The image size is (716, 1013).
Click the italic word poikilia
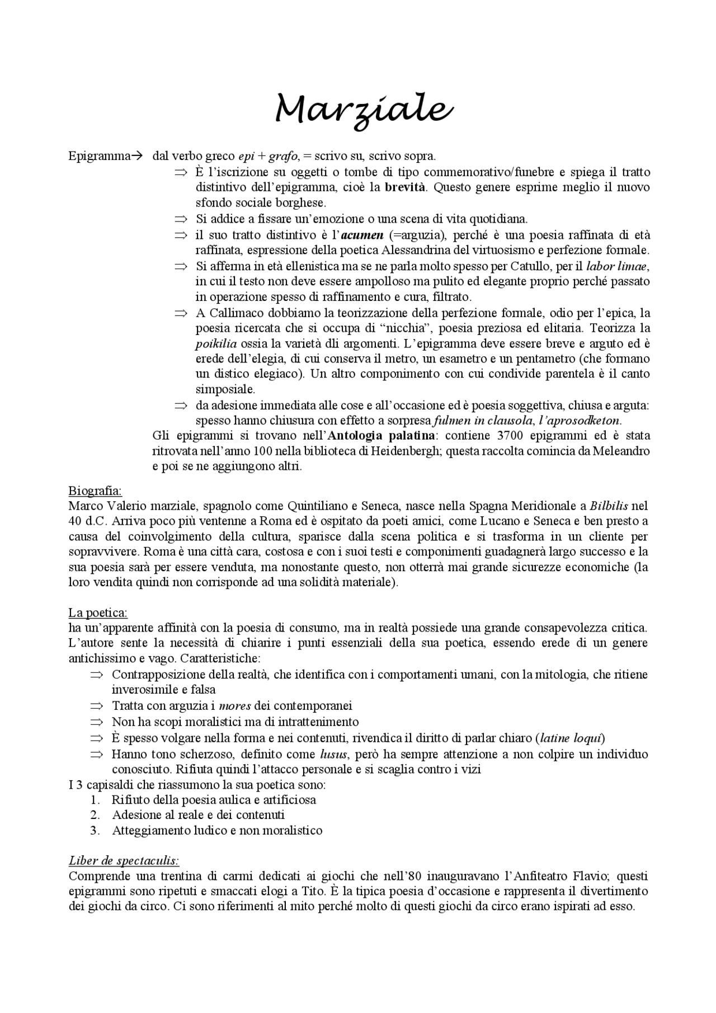[x=216, y=343]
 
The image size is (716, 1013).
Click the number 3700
[x=512, y=435]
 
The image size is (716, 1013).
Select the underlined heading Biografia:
[x=95, y=491]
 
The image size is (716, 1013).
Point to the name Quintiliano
[x=318, y=506]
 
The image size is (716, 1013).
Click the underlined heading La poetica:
[x=97, y=612]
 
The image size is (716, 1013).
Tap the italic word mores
[x=235, y=706]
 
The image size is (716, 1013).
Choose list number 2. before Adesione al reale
[x=95, y=815]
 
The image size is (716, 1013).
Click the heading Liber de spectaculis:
[x=124, y=860]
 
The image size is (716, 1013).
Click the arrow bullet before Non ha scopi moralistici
[x=97, y=722]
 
